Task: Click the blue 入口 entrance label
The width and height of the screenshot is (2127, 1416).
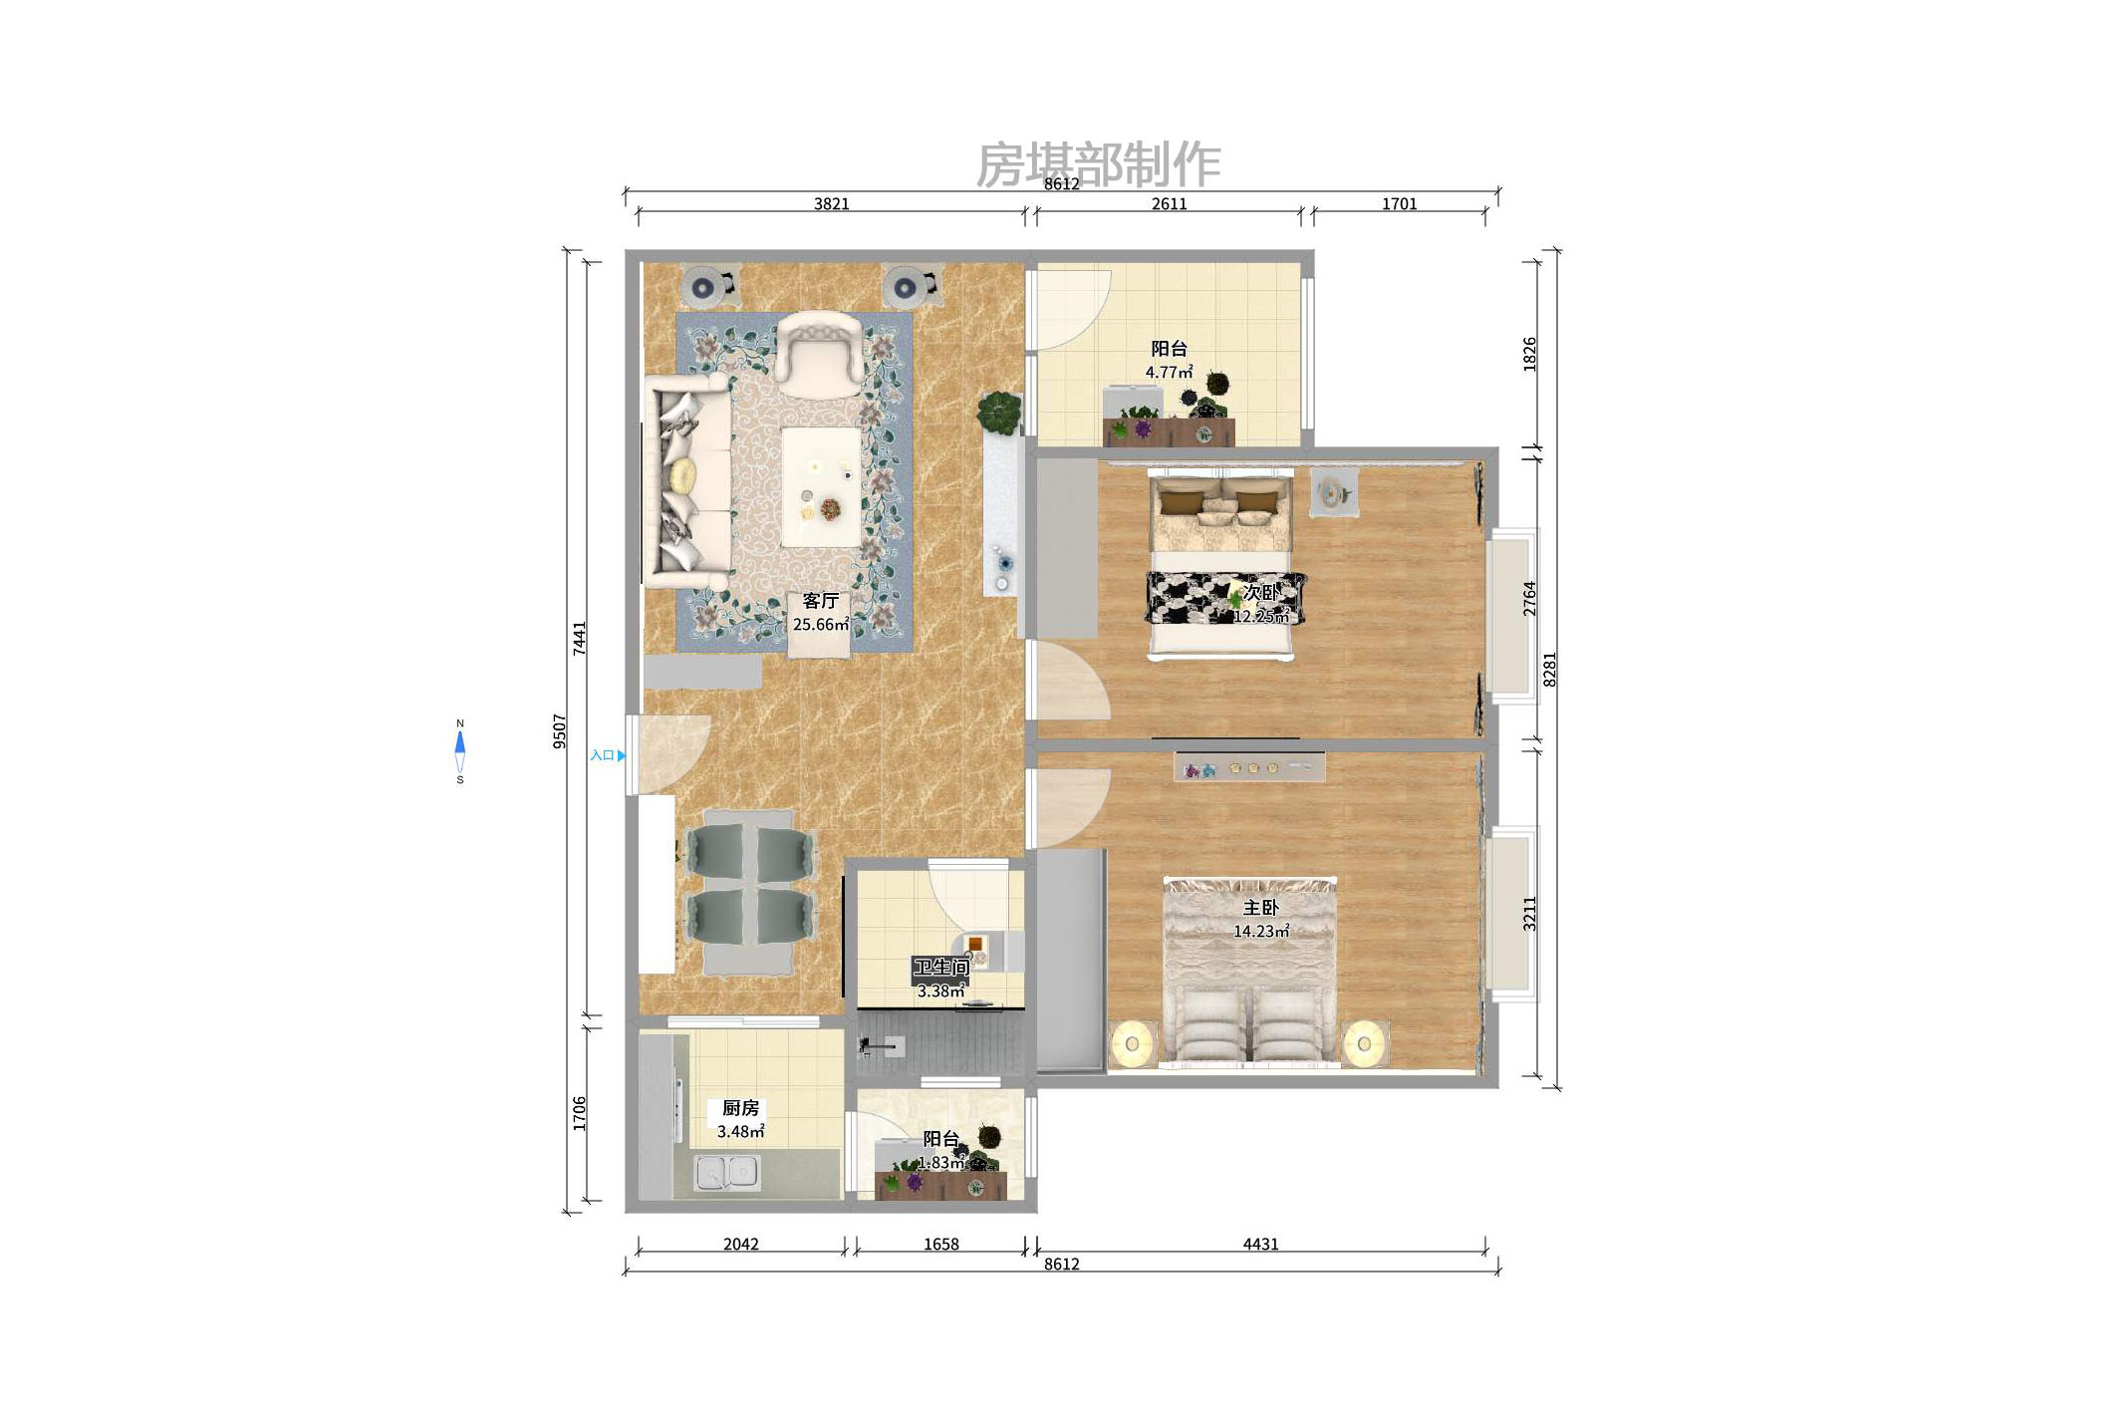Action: pyautogui.click(x=603, y=755)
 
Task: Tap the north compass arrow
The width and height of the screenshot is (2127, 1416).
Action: pyautogui.click(x=460, y=742)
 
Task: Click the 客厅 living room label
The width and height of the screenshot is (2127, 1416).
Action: pyautogui.click(x=820, y=601)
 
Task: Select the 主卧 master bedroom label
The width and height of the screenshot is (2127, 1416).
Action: pyautogui.click(x=1260, y=908)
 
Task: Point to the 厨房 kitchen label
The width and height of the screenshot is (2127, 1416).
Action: pyautogui.click(x=740, y=1108)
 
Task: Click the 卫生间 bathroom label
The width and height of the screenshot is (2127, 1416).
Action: pyautogui.click(x=940, y=967)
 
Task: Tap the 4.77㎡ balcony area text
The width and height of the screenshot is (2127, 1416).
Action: pyautogui.click(x=1169, y=373)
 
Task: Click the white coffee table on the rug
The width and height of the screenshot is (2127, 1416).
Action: pyautogui.click(x=821, y=486)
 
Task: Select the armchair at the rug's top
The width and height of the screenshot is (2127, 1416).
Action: pyautogui.click(x=819, y=350)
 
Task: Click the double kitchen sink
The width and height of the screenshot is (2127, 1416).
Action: pyautogui.click(x=727, y=1172)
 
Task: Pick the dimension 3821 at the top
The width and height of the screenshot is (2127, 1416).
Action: pyautogui.click(x=831, y=204)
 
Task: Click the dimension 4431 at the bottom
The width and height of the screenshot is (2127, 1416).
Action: pyautogui.click(x=1260, y=1244)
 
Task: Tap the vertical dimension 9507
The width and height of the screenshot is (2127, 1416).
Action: pyautogui.click(x=560, y=730)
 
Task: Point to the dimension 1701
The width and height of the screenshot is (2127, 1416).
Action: pyautogui.click(x=1399, y=204)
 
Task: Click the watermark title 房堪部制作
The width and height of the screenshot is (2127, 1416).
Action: pyautogui.click(x=1097, y=163)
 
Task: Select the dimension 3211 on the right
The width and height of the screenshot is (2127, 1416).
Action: pyautogui.click(x=1529, y=914)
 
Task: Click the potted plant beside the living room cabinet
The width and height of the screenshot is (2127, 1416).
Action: pyautogui.click(x=999, y=411)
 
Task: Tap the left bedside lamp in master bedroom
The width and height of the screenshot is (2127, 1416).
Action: pyautogui.click(x=1132, y=1044)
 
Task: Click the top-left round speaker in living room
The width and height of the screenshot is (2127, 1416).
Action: pyautogui.click(x=703, y=288)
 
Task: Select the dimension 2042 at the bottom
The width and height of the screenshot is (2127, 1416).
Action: pyautogui.click(x=740, y=1244)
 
